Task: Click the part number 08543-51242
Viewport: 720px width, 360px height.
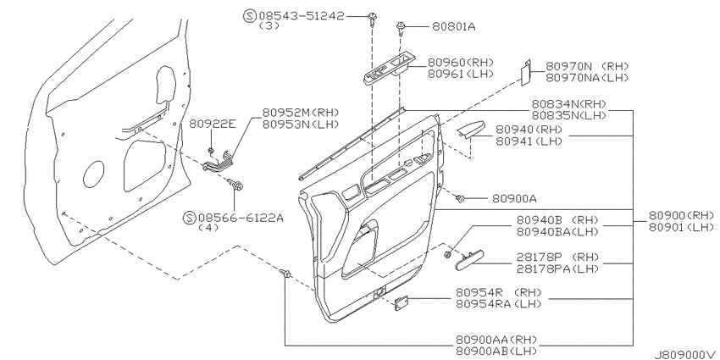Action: (x=302, y=15)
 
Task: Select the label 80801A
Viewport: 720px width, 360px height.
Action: (x=454, y=27)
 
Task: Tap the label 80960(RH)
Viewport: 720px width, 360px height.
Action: (x=461, y=63)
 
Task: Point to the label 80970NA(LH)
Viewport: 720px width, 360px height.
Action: (x=587, y=78)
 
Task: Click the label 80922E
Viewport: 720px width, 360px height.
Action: (x=213, y=124)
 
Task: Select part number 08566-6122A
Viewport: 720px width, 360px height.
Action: (x=241, y=217)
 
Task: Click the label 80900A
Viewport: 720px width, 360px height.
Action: (x=514, y=198)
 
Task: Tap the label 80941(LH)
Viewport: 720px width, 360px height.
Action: (x=529, y=141)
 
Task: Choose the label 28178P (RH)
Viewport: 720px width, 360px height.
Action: (x=558, y=256)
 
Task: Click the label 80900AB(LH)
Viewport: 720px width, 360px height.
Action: (x=497, y=352)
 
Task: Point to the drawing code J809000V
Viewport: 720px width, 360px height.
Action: (x=686, y=354)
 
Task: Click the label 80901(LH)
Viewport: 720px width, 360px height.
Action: (x=682, y=227)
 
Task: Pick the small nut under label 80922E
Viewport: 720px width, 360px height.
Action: (x=211, y=150)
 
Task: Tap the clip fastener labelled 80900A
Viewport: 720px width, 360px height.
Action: (x=460, y=198)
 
